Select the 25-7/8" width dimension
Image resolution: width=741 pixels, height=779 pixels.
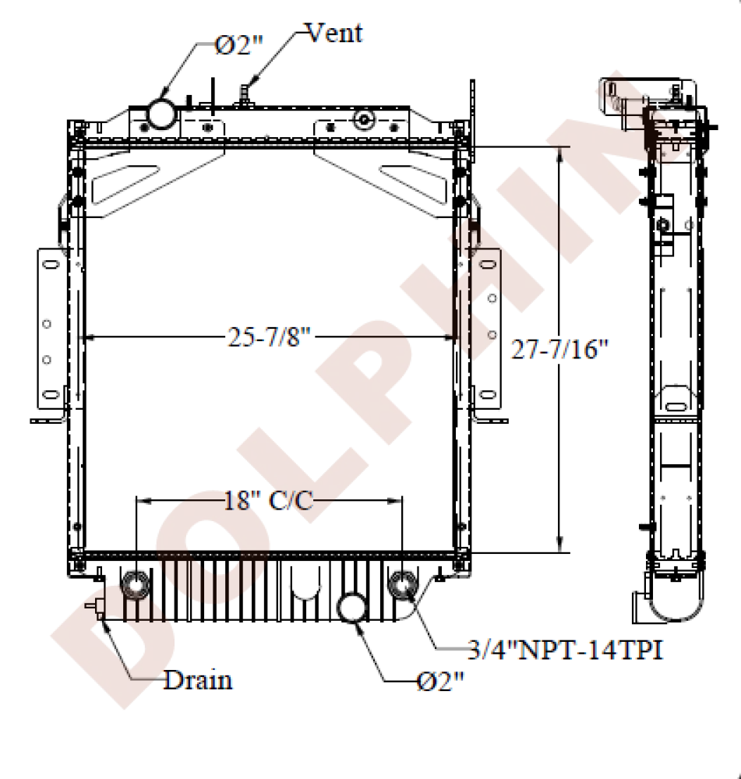(269, 337)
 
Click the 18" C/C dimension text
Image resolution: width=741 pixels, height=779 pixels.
(269, 500)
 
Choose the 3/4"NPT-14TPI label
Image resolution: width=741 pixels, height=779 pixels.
(566, 650)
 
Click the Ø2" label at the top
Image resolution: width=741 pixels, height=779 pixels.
(238, 46)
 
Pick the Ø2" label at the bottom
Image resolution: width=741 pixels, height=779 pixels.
(439, 682)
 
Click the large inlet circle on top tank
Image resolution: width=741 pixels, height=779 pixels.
(162, 113)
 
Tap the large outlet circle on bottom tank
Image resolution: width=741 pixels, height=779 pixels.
(352, 607)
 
